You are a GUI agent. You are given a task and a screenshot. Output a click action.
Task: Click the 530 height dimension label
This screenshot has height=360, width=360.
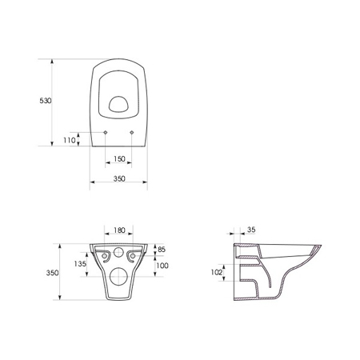(x=46, y=101)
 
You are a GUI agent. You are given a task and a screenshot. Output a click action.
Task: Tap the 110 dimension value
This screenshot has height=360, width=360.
(x=70, y=140)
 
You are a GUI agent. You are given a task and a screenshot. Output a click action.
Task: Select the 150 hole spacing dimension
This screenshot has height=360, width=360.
(x=119, y=158)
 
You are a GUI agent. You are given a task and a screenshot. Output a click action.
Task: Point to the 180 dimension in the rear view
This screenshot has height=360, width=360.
(x=119, y=230)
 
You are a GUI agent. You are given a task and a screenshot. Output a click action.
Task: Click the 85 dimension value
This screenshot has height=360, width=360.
(x=162, y=250)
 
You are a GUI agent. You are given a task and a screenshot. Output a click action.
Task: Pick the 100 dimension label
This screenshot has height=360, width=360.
(x=162, y=266)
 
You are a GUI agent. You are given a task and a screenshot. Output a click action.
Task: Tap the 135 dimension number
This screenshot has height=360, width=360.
(x=80, y=264)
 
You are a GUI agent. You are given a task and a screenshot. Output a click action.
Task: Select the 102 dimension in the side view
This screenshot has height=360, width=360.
(x=216, y=272)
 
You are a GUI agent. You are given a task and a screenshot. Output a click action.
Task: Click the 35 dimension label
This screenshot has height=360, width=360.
(x=251, y=230)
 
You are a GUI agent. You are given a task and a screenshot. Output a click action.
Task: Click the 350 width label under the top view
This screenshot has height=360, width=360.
(x=119, y=178)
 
